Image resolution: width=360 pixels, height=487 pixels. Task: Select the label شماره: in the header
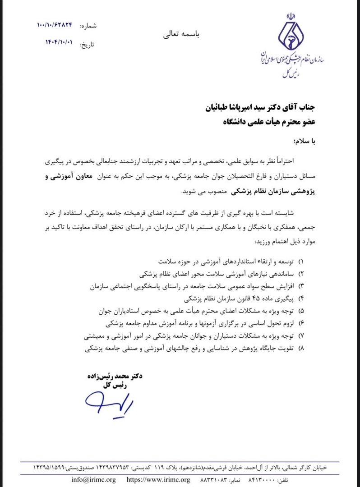click(88, 26)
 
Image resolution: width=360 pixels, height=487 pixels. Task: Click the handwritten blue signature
click(108, 398)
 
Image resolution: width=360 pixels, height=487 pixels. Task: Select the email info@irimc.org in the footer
click(93, 480)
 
